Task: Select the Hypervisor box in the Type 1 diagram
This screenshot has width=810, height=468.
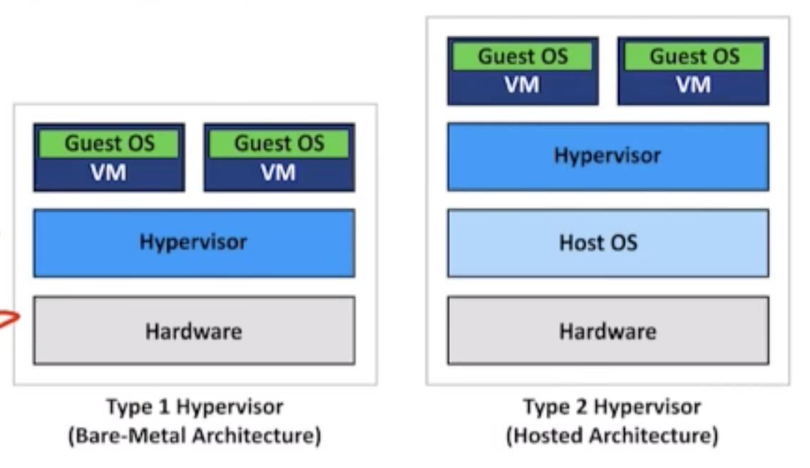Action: click(x=193, y=243)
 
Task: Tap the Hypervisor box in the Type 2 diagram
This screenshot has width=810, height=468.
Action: click(x=607, y=156)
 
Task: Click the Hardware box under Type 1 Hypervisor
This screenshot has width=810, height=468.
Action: click(x=193, y=331)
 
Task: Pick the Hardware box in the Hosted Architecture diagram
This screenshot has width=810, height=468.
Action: click(x=607, y=331)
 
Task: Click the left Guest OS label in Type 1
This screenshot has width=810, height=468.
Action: click(x=109, y=143)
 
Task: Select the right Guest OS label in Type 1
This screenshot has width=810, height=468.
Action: click(x=279, y=143)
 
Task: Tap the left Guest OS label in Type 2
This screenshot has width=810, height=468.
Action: click(x=522, y=56)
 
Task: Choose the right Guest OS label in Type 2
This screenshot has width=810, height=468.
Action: click(x=693, y=56)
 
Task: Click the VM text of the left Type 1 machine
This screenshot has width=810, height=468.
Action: click(x=108, y=173)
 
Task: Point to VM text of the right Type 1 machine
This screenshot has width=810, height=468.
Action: click(x=278, y=173)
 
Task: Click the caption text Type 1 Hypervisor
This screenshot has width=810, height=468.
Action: click(x=194, y=407)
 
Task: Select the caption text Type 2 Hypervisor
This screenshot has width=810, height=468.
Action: click(x=611, y=407)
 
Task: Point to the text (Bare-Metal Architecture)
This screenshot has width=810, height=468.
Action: click(x=194, y=435)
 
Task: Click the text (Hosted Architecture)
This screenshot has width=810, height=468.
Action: click(x=611, y=435)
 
